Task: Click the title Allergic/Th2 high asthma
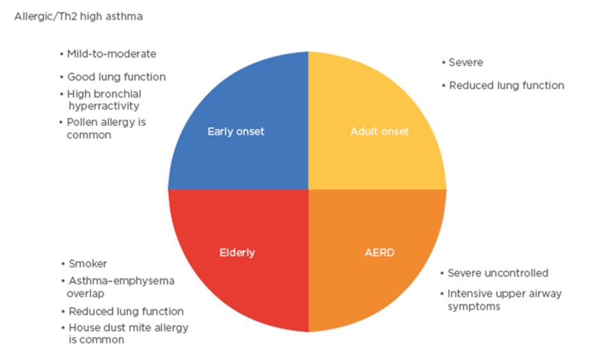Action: click(78, 17)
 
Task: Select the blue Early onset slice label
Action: click(236, 132)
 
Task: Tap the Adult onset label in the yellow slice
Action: click(379, 132)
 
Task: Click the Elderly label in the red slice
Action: click(237, 253)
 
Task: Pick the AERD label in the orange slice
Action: click(379, 253)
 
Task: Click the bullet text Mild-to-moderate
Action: click(111, 54)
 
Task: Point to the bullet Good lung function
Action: click(116, 77)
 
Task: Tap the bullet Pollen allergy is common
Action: click(106, 129)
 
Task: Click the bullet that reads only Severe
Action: click(465, 63)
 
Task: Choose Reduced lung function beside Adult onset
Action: click(506, 85)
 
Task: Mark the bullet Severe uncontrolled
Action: click(497, 273)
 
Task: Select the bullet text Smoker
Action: click(88, 263)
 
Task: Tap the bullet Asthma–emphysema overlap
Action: click(120, 287)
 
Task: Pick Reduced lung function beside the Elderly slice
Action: click(126, 311)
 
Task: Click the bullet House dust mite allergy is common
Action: click(127, 333)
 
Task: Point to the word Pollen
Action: click(82, 122)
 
